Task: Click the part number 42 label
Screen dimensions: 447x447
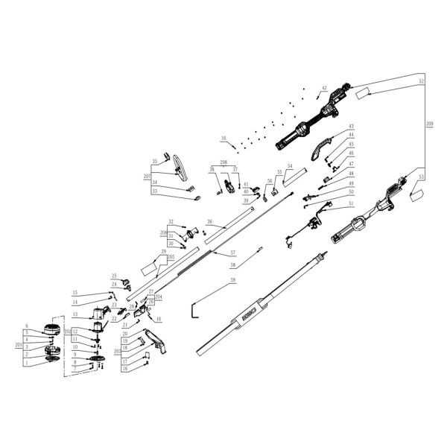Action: click(x=324, y=89)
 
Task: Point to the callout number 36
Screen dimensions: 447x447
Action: click(x=210, y=222)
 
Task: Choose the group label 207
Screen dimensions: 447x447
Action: click(x=147, y=177)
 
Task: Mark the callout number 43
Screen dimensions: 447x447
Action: click(x=351, y=126)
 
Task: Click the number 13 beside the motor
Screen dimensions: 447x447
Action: click(x=74, y=314)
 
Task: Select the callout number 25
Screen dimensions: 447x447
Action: click(x=115, y=276)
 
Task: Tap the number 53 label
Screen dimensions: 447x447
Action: click(x=422, y=177)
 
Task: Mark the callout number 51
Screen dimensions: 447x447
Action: click(x=351, y=202)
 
